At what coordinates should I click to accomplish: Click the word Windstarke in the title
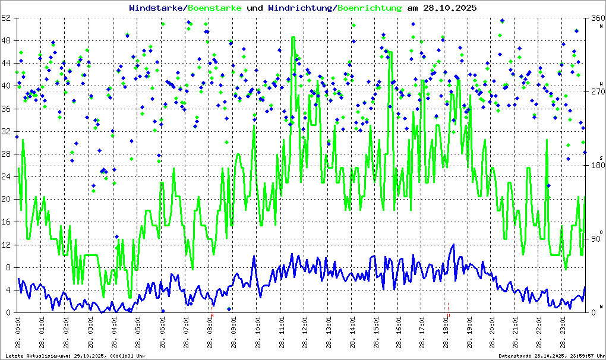pos(156,8)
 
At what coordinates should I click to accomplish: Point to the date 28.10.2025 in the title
pos(449,8)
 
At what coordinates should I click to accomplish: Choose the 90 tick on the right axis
pos(595,239)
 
